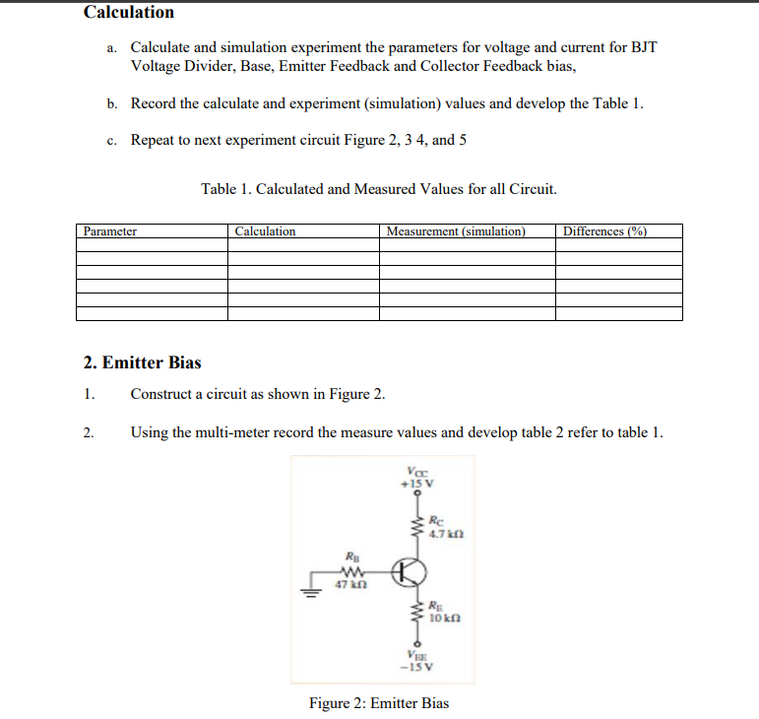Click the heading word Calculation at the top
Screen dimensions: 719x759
coord(129,13)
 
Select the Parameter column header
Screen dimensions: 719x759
coord(110,231)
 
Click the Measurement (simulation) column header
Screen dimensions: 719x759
coord(456,231)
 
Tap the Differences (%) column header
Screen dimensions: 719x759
coord(604,231)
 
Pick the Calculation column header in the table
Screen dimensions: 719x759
coord(266,231)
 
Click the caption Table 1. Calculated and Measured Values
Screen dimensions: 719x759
coord(379,188)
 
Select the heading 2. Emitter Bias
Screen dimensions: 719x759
coord(143,362)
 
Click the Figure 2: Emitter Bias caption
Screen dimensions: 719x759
coord(379,703)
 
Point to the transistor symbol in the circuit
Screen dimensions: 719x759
coord(410,572)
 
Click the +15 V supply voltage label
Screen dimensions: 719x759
coord(411,484)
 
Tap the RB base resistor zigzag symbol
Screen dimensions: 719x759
coord(351,572)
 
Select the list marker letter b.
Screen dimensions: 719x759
coord(113,103)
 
